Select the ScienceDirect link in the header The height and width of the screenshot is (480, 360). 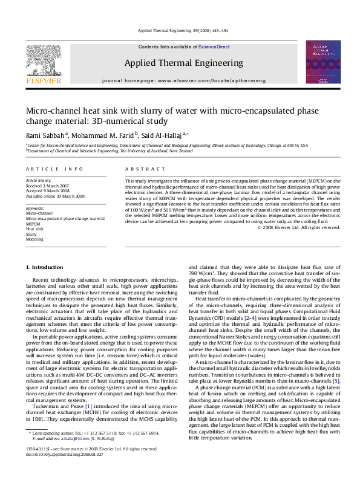tap(214, 47)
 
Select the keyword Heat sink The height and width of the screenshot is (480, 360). tap(34, 229)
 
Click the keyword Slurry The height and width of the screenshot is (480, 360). tap(31, 235)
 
